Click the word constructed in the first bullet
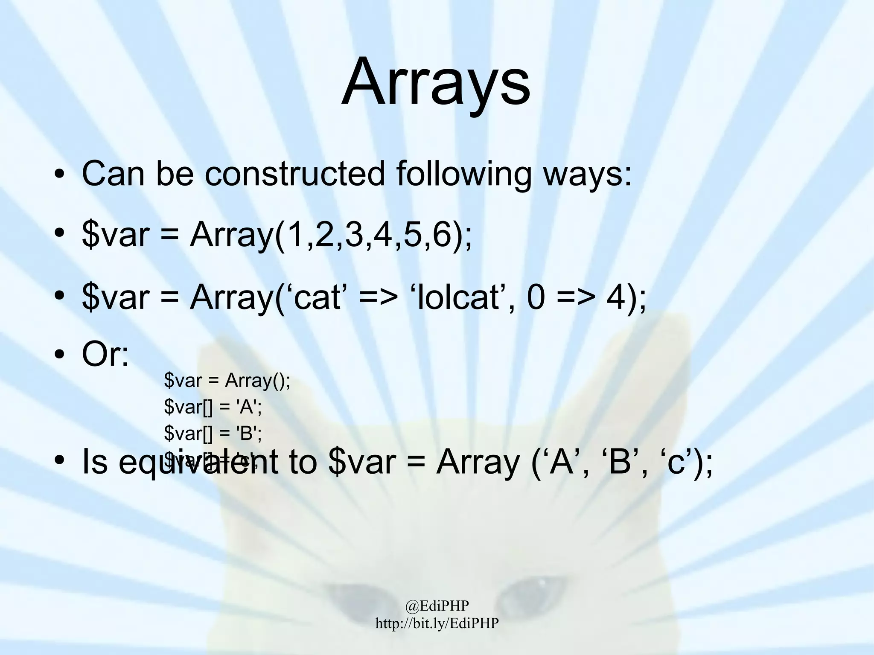(x=295, y=174)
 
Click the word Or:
(x=105, y=355)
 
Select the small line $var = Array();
(x=227, y=381)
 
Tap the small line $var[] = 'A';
(x=213, y=408)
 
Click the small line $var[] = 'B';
(x=213, y=434)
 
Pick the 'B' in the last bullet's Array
(x=621, y=463)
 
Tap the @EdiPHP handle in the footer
(x=437, y=605)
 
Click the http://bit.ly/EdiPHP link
(x=437, y=623)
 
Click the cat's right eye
(x=531, y=591)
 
